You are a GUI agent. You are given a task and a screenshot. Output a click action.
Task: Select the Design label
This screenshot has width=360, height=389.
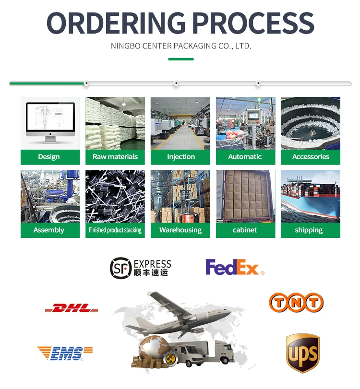point(49,157)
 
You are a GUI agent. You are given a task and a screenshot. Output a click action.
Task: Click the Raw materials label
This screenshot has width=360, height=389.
point(115,157)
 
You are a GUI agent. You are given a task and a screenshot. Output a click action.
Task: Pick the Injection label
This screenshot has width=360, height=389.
point(180,157)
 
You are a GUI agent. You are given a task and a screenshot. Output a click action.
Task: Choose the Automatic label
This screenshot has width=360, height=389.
point(245,157)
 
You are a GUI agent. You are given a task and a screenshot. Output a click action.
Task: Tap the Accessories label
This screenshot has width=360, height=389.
point(311,157)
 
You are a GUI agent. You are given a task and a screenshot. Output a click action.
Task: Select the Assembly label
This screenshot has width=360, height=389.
point(49,230)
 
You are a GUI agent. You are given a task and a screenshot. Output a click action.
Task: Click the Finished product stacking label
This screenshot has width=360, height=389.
point(115,230)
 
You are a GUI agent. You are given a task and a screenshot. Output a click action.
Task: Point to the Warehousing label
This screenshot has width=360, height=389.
point(180,230)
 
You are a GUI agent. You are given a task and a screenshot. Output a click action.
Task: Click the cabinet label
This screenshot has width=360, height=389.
point(245,230)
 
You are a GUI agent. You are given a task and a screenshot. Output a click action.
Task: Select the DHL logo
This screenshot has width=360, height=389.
point(72,308)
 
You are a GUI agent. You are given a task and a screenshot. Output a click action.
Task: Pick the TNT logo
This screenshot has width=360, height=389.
point(296,303)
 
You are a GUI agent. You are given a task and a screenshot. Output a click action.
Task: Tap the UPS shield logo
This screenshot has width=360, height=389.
point(302,354)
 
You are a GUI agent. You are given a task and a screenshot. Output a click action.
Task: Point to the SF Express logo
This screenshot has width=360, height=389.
point(140,267)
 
